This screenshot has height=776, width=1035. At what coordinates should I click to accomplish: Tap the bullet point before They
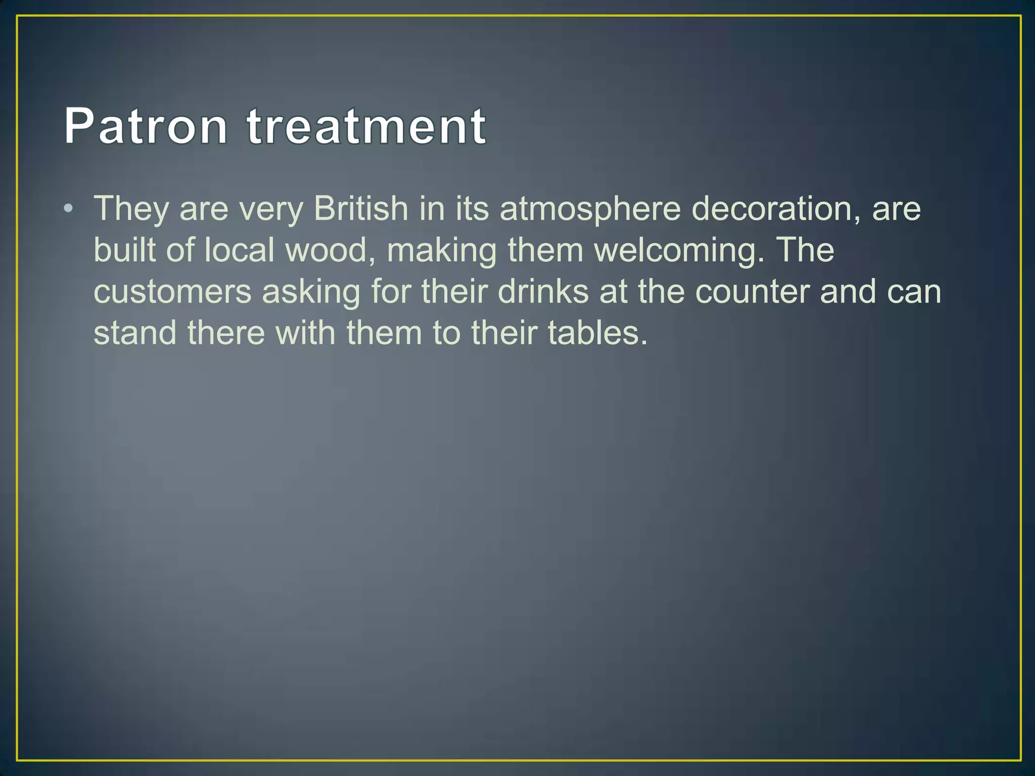(x=69, y=208)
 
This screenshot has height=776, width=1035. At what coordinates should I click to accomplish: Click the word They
(x=131, y=209)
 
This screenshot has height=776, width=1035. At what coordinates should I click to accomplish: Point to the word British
(x=360, y=208)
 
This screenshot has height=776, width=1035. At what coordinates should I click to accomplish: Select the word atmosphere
(x=590, y=209)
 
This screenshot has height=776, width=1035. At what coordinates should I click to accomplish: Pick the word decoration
(x=776, y=208)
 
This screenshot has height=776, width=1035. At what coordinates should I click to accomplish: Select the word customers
(x=172, y=292)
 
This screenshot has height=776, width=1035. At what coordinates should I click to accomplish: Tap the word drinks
(x=543, y=292)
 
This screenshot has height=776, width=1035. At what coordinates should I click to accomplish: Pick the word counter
(x=752, y=292)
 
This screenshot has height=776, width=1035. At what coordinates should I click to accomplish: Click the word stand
(x=135, y=333)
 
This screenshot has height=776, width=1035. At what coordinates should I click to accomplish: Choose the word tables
(x=597, y=333)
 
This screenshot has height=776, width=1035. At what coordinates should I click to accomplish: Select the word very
(x=270, y=209)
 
